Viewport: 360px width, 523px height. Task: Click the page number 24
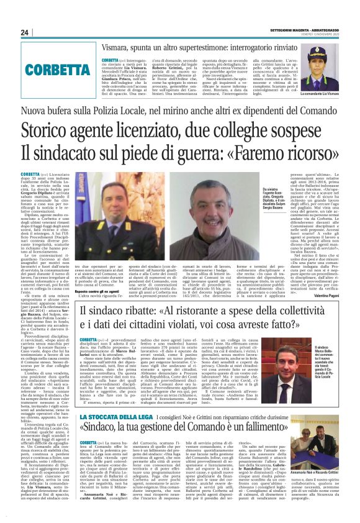tap(25, 32)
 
